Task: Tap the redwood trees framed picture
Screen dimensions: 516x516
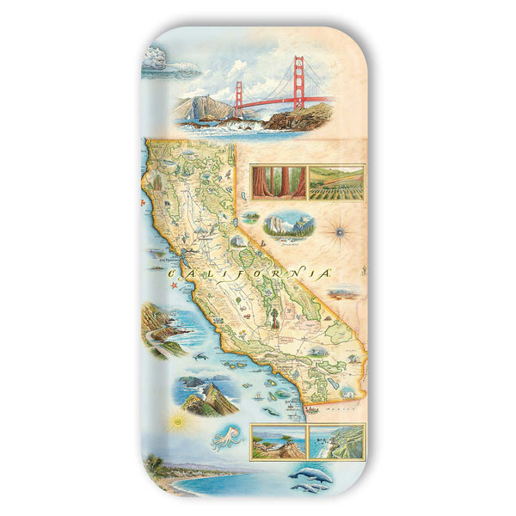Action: pos(270,182)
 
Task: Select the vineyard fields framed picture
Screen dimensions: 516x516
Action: pos(336,182)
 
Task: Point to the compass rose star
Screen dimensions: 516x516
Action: pos(339,230)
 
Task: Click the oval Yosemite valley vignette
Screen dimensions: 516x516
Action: pos(289,224)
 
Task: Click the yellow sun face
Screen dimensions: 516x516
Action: pos(179,421)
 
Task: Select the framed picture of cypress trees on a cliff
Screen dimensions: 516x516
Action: pos(278,441)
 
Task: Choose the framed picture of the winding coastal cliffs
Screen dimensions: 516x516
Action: pos(336,441)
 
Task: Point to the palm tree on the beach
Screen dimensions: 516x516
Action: pos(156,465)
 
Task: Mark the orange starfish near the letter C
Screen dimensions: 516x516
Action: pos(172,284)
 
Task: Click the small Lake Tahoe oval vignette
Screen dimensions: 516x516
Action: pos(250,218)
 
